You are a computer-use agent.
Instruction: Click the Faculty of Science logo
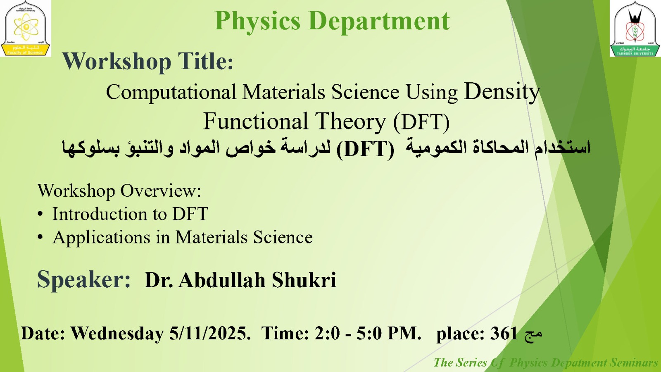click(x=26, y=28)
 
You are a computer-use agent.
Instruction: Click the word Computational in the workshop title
click(x=171, y=92)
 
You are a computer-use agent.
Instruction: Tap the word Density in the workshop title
click(x=502, y=91)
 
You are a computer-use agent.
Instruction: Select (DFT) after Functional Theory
click(x=421, y=122)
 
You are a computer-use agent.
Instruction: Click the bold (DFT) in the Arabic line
click(x=365, y=149)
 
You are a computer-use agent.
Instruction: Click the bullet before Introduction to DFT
click(x=40, y=214)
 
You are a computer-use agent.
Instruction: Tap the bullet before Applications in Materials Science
click(x=40, y=238)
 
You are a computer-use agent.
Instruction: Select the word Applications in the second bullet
click(x=102, y=238)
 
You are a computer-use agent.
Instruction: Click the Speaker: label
click(x=84, y=279)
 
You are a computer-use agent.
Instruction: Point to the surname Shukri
click(x=304, y=280)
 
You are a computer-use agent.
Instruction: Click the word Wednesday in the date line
click(x=117, y=334)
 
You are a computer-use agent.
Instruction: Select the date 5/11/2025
click(x=209, y=334)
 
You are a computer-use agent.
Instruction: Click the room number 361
click(x=504, y=334)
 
